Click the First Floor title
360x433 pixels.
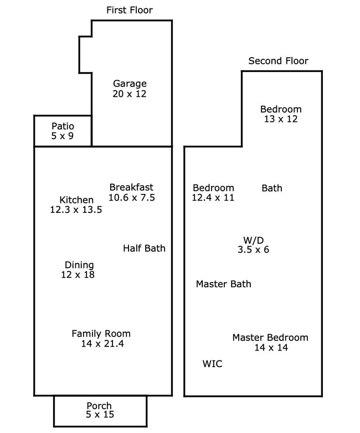129,10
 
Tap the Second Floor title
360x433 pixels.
278,61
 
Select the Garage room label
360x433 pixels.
130,84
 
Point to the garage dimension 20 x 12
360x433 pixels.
130,94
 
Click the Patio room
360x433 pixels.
63,131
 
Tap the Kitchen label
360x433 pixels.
76,200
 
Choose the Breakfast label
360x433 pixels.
131,187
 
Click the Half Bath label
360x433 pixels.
144,248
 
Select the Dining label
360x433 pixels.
79,265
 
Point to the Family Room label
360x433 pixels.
101,333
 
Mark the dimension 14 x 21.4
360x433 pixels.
101,344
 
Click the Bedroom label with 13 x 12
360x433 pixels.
281,109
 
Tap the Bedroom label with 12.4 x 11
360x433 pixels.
213,188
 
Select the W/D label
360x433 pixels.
254,240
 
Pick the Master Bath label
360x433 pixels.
223,284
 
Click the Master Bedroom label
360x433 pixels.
270,337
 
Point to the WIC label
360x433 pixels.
212,364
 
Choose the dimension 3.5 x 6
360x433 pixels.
254,249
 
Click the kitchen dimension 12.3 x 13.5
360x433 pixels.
76,210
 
